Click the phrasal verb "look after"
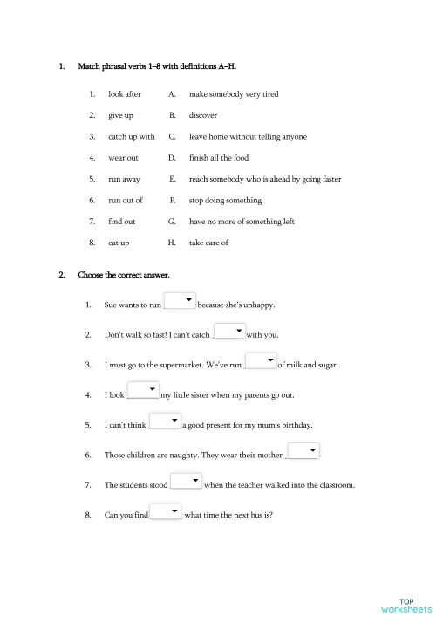point(124,93)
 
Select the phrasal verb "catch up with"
point(131,136)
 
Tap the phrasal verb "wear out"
point(123,158)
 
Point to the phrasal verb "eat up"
point(119,243)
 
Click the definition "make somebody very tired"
point(234,93)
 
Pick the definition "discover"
point(203,115)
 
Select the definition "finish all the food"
point(224,158)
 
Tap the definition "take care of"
point(208,243)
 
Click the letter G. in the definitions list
point(173,222)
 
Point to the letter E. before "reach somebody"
point(173,179)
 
